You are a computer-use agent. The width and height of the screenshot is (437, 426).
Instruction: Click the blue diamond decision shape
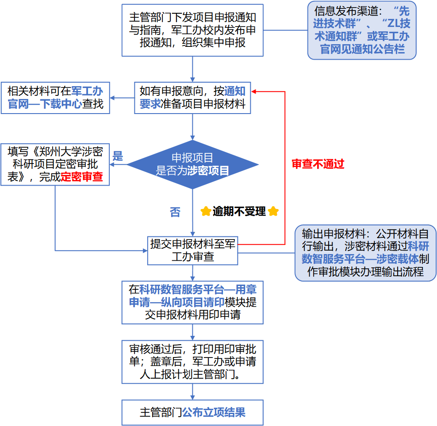(x=192, y=164)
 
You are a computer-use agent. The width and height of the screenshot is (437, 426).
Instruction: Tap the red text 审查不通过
(x=318, y=164)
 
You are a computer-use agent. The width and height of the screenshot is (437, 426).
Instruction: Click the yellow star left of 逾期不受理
(x=206, y=211)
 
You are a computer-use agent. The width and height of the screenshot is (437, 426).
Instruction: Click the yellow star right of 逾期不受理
(x=273, y=211)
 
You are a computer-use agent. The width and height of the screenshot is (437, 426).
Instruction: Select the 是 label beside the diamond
(x=118, y=156)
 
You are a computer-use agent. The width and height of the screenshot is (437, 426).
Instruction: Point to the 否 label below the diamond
(x=175, y=212)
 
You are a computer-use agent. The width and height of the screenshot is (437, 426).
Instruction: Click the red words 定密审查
(x=82, y=177)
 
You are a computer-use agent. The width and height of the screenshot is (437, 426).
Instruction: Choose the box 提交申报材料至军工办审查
(x=192, y=251)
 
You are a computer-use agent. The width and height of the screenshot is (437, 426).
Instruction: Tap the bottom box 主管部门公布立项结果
(x=192, y=412)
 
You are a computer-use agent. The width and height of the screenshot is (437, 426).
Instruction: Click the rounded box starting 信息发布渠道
(x=362, y=30)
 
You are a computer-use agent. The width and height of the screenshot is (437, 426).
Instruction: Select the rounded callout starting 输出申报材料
(x=365, y=253)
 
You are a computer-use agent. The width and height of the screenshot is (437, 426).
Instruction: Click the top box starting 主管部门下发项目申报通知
(x=192, y=30)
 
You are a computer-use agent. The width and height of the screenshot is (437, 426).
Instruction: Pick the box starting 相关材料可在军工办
(x=55, y=98)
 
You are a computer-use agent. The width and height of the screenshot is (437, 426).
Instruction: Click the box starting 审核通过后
(x=192, y=361)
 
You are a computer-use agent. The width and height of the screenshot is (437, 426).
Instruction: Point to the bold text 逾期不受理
(x=239, y=211)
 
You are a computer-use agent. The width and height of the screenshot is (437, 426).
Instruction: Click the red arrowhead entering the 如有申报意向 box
(x=253, y=91)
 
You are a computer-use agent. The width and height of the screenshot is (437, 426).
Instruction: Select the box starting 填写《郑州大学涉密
(x=55, y=164)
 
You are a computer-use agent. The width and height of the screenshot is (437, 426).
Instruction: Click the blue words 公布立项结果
(x=214, y=412)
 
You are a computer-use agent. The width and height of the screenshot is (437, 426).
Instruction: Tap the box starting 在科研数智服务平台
(x=192, y=302)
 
